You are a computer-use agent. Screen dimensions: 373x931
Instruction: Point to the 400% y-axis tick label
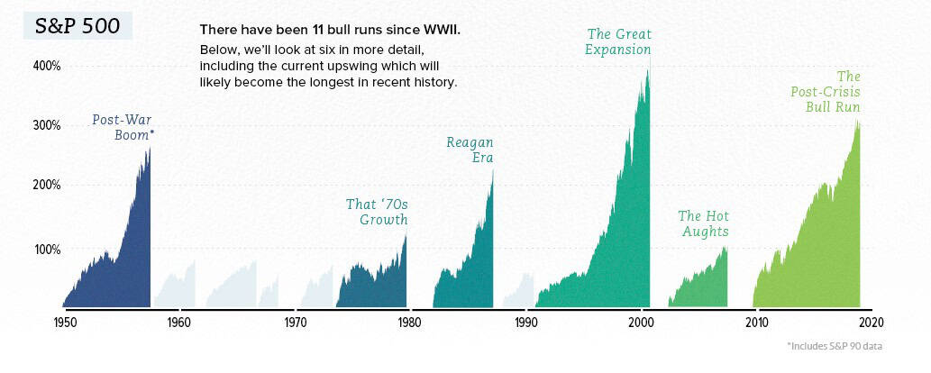click(47, 66)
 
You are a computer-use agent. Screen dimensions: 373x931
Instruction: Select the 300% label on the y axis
click(47, 124)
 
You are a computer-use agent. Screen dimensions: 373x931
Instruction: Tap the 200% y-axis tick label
click(47, 185)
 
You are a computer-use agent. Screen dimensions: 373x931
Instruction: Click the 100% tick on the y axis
click(47, 249)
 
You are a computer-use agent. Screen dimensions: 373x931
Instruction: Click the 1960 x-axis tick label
click(178, 323)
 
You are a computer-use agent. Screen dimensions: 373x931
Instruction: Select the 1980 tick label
click(409, 323)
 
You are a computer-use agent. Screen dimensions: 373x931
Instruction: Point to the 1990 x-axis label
click(525, 323)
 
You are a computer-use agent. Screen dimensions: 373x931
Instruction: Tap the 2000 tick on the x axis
click(641, 323)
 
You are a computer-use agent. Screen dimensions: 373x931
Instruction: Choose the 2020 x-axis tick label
click(872, 323)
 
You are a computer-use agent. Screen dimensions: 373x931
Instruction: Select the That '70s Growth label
click(377, 212)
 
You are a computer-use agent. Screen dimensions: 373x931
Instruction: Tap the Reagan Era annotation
click(470, 150)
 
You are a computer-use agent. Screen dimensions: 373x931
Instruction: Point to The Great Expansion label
click(618, 41)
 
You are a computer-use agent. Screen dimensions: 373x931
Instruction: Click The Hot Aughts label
click(703, 223)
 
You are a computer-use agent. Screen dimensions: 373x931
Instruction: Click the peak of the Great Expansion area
click(647, 68)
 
